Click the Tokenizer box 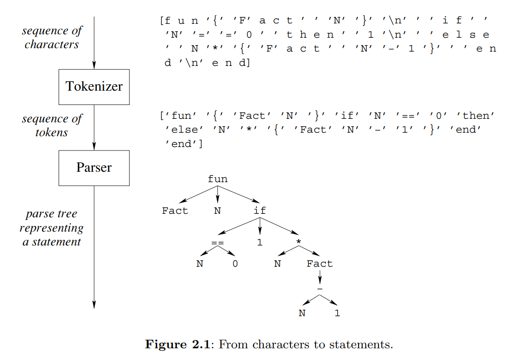pyautogui.click(x=94, y=87)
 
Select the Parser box pyautogui.click(x=94, y=167)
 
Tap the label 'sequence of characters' pyautogui.click(x=52, y=37)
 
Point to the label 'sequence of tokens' pyautogui.click(x=52, y=125)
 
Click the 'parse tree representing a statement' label pyautogui.click(x=52, y=228)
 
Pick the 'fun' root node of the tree pyautogui.click(x=217, y=179)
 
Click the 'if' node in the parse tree pyautogui.click(x=260, y=211)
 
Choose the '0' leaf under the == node pyautogui.click(x=235, y=264)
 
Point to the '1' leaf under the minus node pyautogui.click(x=337, y=313)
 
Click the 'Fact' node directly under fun pyautogui.click(x=175, y=211)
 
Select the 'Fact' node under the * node pyautogui.click(x=320, y=264)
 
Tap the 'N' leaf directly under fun pyautogui.click(x=217, y=211)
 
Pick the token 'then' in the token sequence pyautogui.click(x=478, y=116)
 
